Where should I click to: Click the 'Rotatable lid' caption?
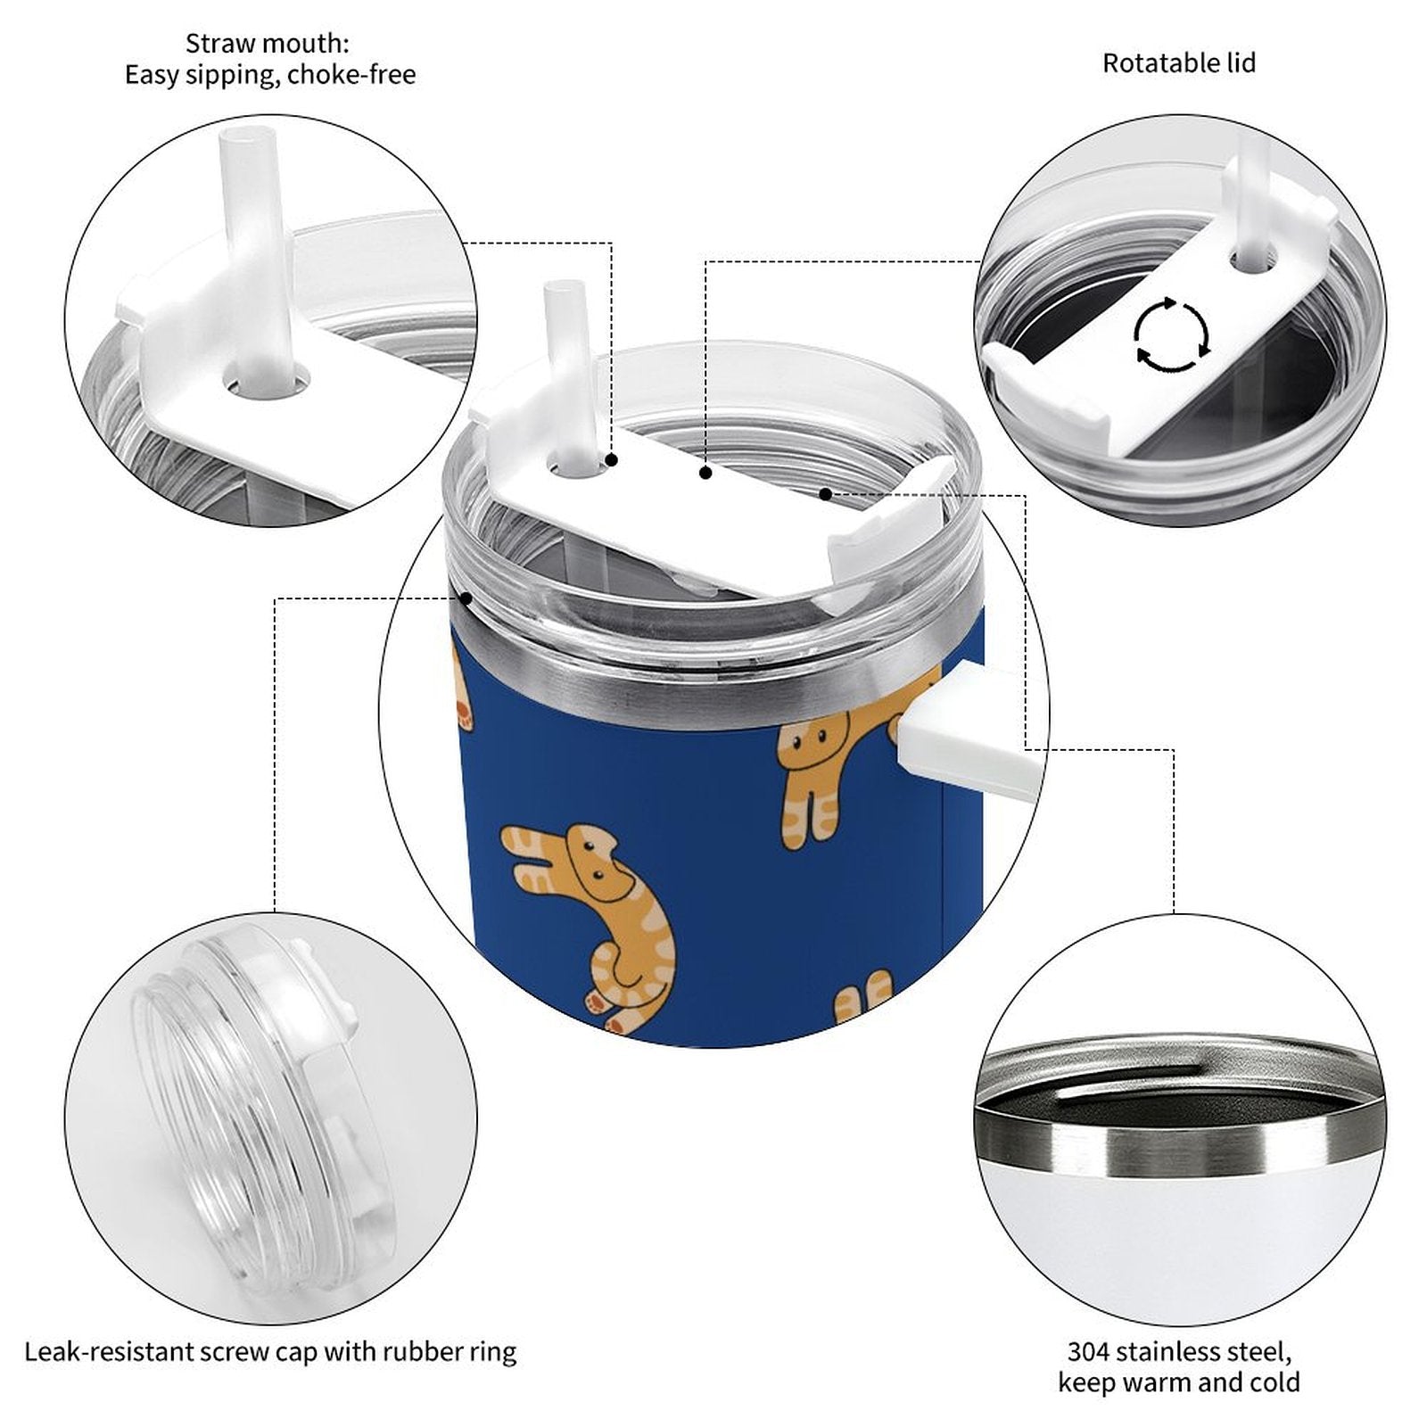(1179, 63)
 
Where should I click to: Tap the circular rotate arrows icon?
(1172, 335)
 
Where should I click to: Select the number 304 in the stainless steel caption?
(1090, 1351)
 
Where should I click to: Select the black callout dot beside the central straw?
(612, 460)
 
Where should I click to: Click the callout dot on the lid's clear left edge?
(465, 598)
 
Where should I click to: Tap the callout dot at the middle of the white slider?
(705, 473)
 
